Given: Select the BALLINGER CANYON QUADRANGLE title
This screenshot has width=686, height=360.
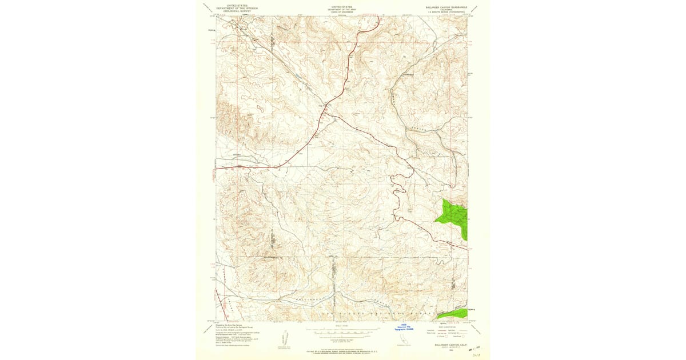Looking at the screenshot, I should tap(446, 7).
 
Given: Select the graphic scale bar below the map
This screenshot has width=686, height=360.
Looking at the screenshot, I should tap(343, 330).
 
